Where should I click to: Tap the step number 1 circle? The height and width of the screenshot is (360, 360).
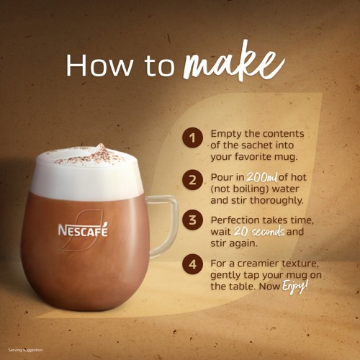pyautogui.click(x=192, y=137)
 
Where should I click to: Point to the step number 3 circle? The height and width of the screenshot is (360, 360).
pyautogui.click(x=192, y=220)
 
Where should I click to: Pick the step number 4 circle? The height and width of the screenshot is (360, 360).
pyautogui.click(x=192, y=264)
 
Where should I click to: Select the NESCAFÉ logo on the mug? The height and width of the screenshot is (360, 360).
pyautogui.click(x=83, y=231)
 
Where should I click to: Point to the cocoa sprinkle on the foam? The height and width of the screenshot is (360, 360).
pyautogui.click(x=97, y=154)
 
